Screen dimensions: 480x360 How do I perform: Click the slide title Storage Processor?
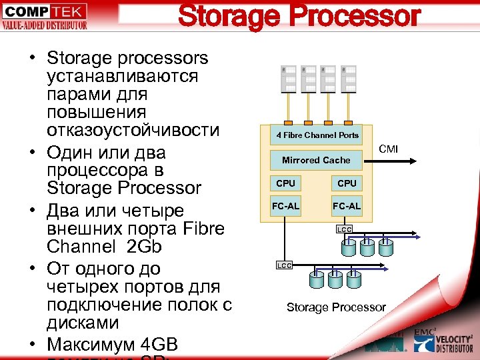pyautogui.click(x=299, y=17)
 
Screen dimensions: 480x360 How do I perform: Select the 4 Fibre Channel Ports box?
pyautogui.click(x=317, y=135)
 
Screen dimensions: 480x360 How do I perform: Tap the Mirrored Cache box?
pyautogui.click(x=316, y=160)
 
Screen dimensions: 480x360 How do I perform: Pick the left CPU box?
pyautogui.click(x=285, y=183)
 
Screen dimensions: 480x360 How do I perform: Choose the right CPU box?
pyautogui.click(x=347, y=183)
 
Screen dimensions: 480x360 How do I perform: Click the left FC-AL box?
pyautogui.click(x=285, y=205)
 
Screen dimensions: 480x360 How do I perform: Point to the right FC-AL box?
pyautogui.click(x=347, y=205)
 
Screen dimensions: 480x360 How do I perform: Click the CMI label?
pyautogui.click(x=388, y=149)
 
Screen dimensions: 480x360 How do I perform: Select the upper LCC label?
pyautogui.click(x=344, y=230)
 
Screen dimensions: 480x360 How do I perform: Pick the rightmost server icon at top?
pyautogui.click(x=347, y=79)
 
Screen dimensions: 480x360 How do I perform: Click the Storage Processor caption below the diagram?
pyautogui.click(x=336, y=307)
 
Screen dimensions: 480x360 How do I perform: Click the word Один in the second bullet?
pyautogui.click(x=70, y=151)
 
